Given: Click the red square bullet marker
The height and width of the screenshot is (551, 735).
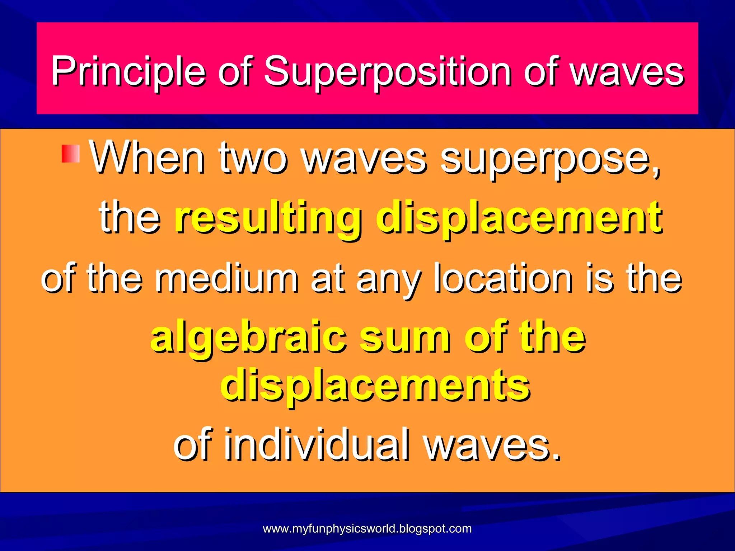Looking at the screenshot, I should coord(70,154).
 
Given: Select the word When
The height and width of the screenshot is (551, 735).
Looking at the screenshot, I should coord(147,158).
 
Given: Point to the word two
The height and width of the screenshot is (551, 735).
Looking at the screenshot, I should coord(253,158).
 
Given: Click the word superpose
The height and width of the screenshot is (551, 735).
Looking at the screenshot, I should coord(549,160).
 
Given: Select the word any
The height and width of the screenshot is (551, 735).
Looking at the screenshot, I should coord(388,280).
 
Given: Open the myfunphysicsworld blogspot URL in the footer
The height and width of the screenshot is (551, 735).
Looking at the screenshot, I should coord(367,529).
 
